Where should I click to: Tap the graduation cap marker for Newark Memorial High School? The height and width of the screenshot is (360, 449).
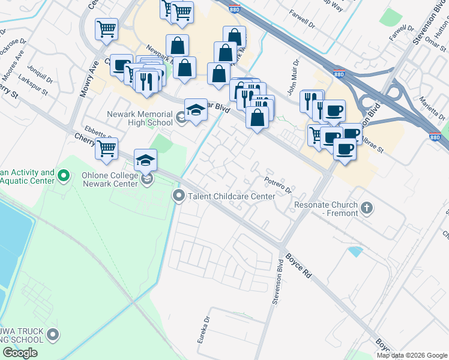pos(196,110)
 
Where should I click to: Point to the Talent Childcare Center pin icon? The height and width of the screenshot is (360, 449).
pos(178,196)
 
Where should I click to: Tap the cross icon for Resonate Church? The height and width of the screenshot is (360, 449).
pos(367,209)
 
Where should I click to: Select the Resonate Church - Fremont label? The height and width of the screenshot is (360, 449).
pos(326,209)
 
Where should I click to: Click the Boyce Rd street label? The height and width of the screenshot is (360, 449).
pos(298,264)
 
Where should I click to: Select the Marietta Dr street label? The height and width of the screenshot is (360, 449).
pos(431,108)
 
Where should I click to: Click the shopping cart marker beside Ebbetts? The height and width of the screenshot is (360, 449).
pos(106,148)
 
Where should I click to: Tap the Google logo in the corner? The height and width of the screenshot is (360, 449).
pos(20,353)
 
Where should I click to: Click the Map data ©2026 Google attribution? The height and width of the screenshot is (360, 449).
pos(411,355)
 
